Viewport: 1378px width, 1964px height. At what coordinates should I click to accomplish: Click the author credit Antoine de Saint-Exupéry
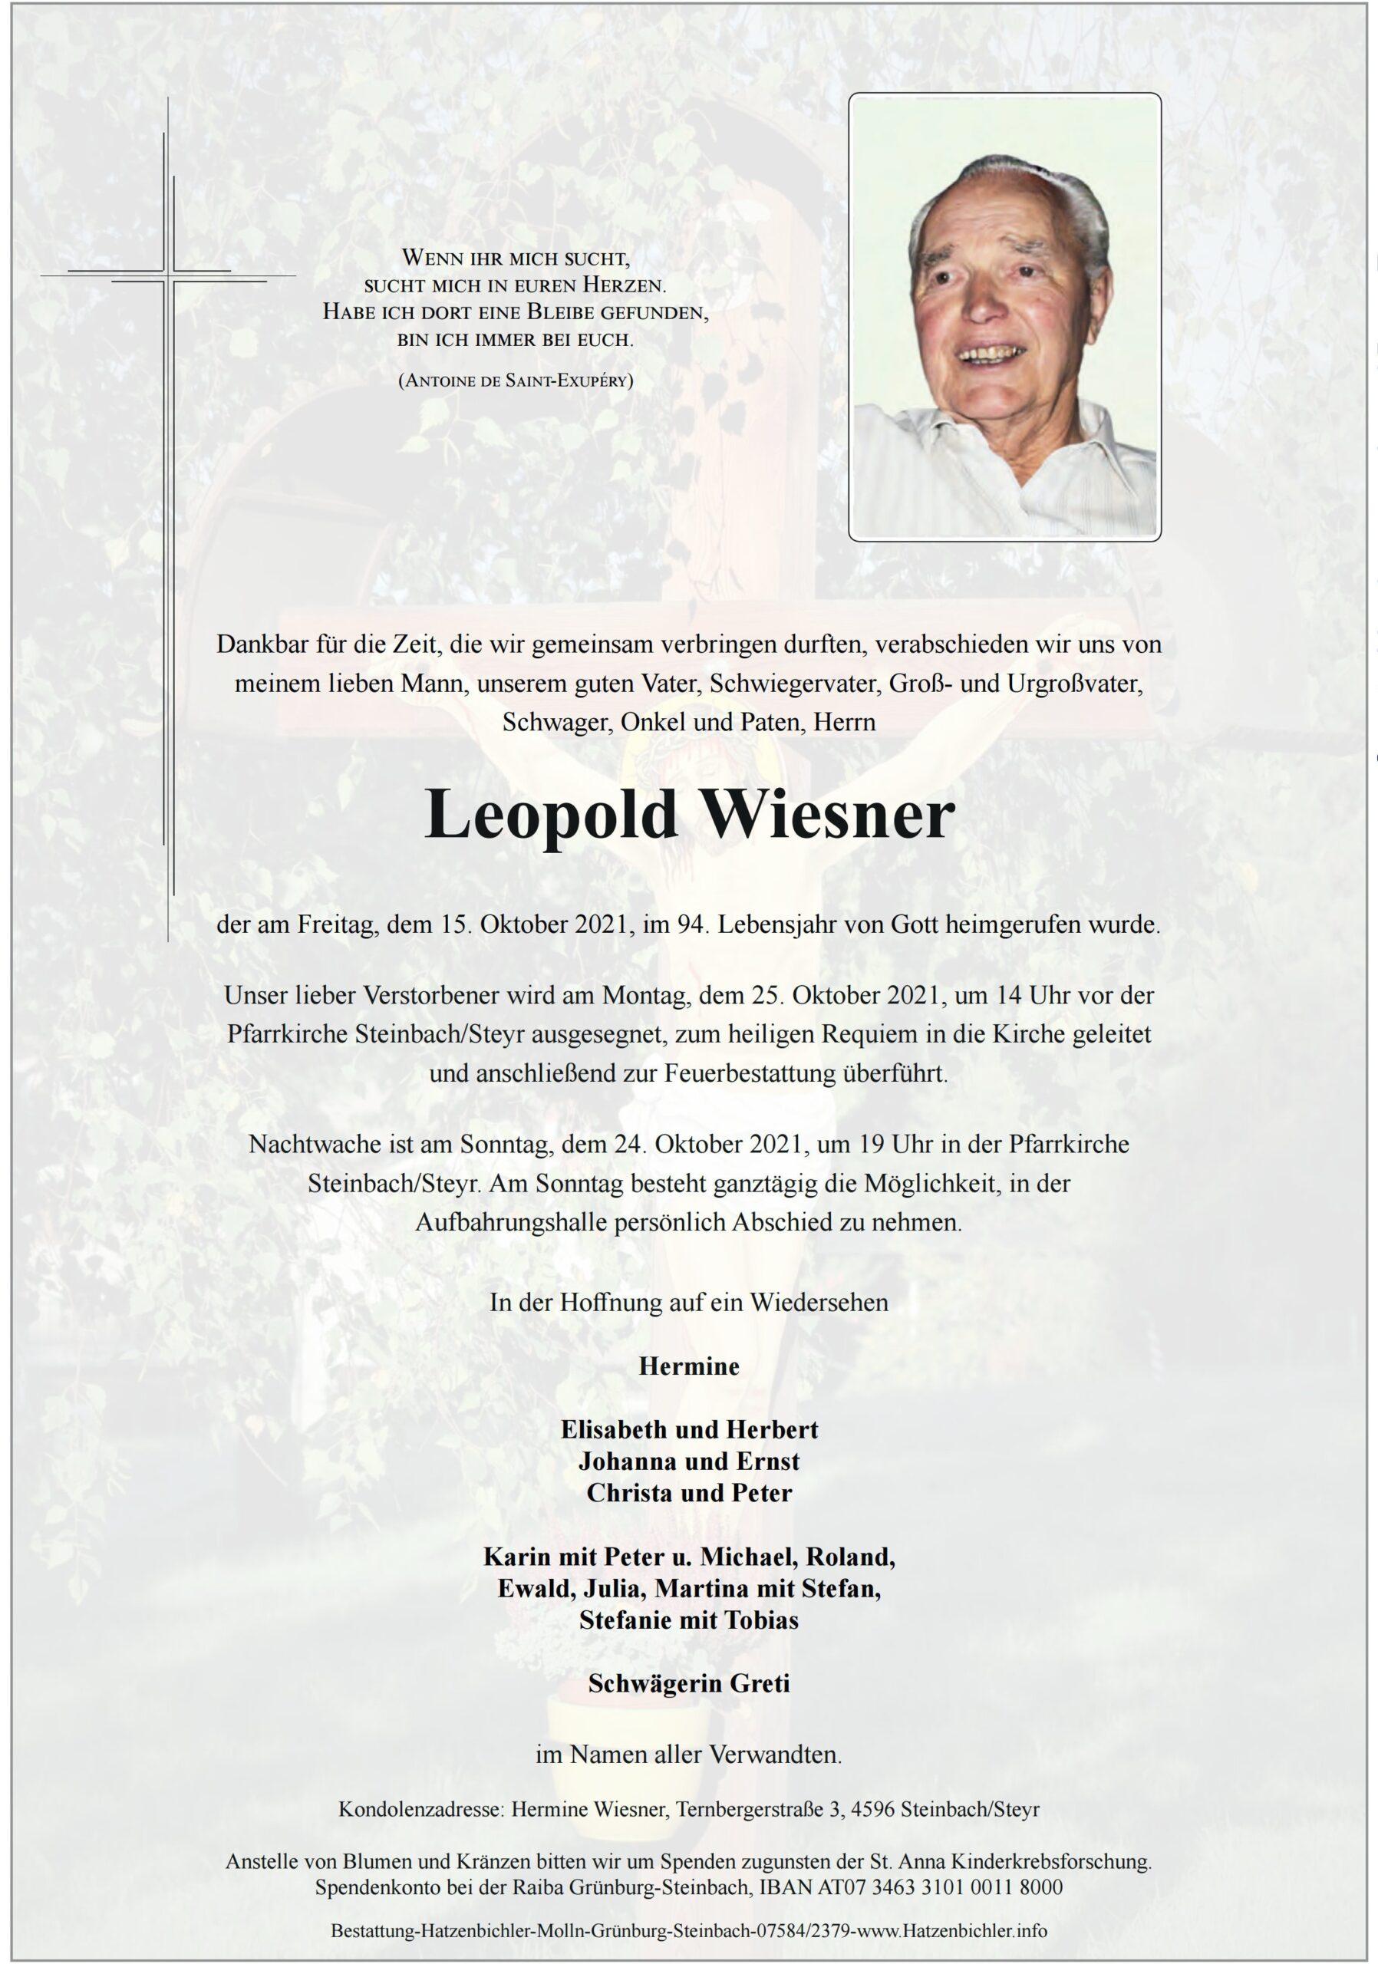[x=516, y=382]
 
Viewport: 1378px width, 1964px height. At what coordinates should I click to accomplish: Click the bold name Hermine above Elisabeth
[x=688, y=1366]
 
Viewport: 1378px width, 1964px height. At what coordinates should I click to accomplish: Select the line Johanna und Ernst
[x=688, y=1461]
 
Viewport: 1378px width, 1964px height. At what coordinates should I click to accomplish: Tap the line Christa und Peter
[x=688, y=1493]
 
